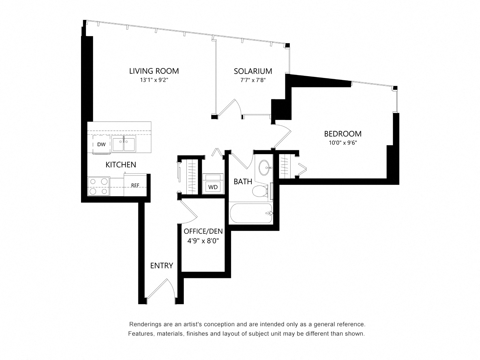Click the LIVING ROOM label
(x=154, y=71)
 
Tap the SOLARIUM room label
(x=253, y=71)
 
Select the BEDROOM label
(x=343, y=133)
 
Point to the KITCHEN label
(x=121, y=165)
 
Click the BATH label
(x=243, y=181)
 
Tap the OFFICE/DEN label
(x=203, y=231)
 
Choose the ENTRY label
(x=162, y=265)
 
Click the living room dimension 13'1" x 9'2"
(x=154, y=80)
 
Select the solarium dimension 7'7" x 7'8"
(x=253, y=80)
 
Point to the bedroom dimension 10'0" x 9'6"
(x=343, y=143)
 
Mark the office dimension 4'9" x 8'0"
(x=203, y=241)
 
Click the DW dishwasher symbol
(x=101, y=144)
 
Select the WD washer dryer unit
(x=213, y=184)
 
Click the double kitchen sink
(x=123, y=143)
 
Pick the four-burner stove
(x=99, y=186)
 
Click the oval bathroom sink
(x=265, y=168)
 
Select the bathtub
(x=251, y=213)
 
